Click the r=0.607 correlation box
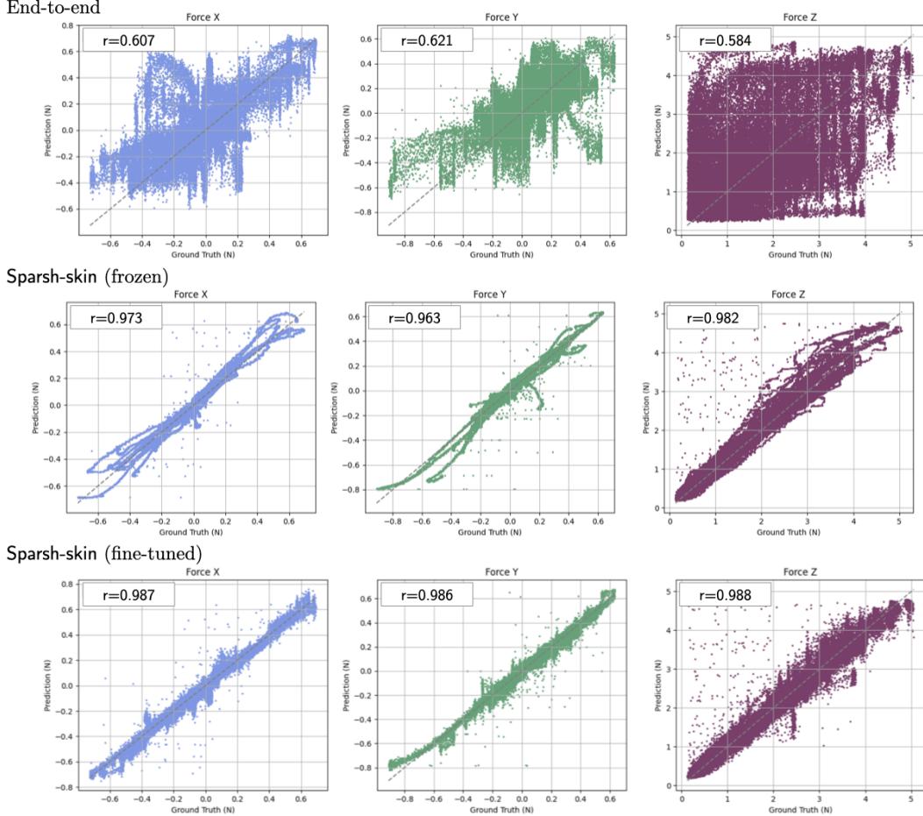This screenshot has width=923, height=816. tap(128, 39)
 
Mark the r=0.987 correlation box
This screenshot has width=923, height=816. tap(128, 594)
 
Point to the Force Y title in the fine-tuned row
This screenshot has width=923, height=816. tap(495, 572)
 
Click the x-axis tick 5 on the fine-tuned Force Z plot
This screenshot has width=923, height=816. tap(912, 798)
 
